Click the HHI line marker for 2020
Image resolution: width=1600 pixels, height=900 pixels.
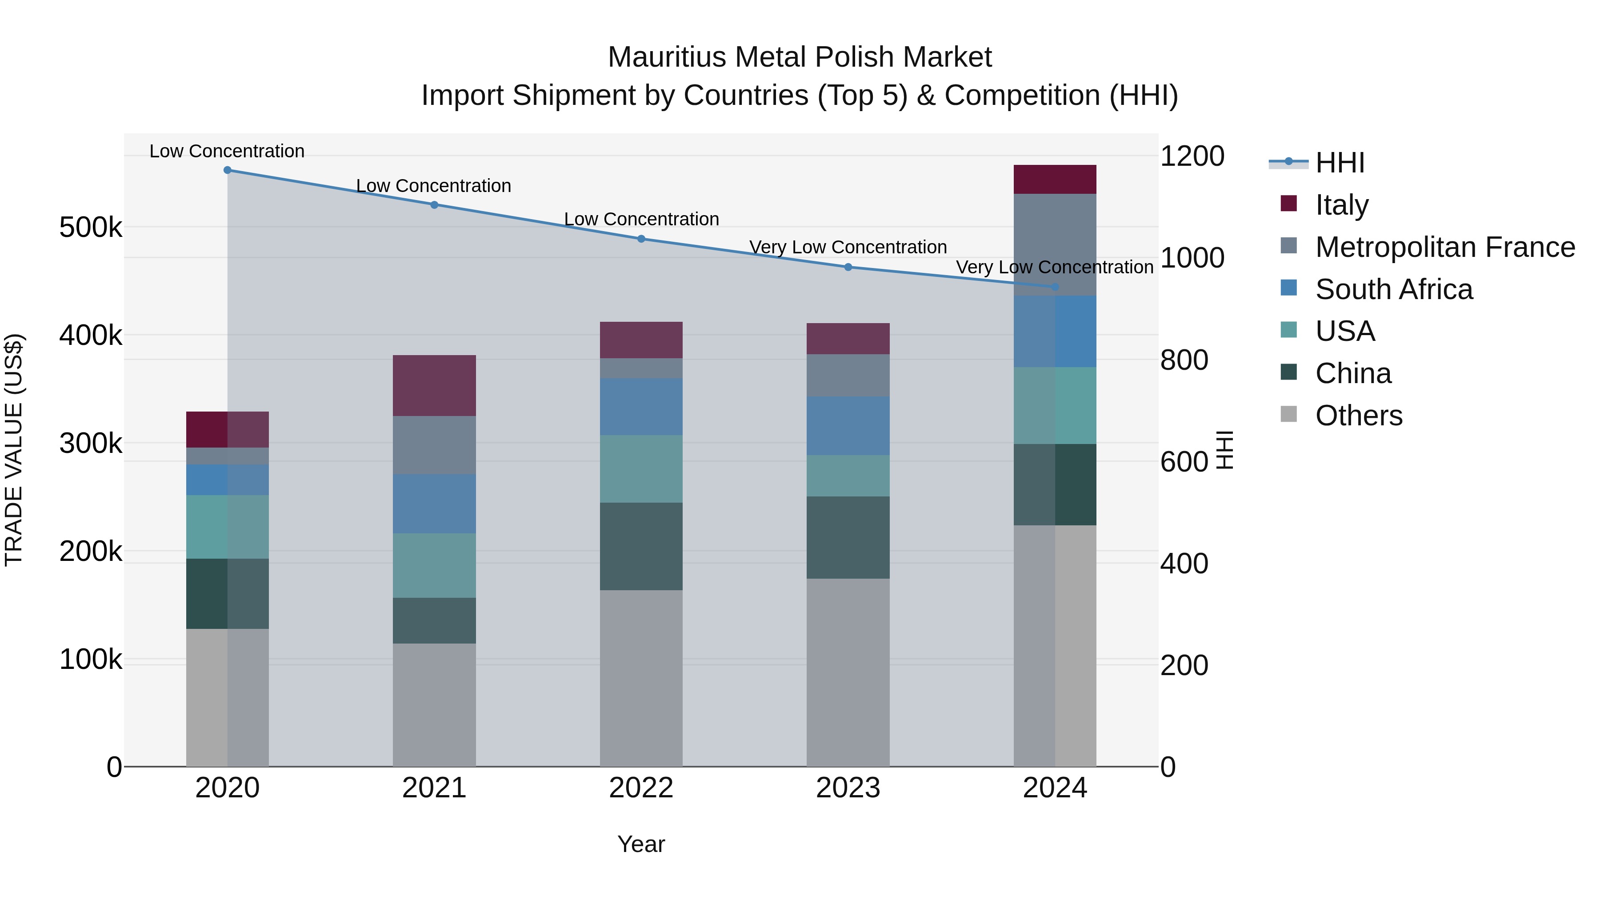(227, 170)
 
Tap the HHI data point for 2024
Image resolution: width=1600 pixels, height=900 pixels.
(1055, 287)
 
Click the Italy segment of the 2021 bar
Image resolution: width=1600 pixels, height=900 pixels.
(434, 386)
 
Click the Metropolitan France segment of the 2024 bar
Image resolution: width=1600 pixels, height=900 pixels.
(1055, 245)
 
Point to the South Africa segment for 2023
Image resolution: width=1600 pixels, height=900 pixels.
(848, 426)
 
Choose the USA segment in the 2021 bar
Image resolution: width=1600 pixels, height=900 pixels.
(434, 566)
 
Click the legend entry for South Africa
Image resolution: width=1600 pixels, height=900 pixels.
(1393, 289)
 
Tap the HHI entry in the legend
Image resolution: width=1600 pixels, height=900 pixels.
(1340, 163)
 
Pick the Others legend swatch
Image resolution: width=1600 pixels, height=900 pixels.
(1289, 414)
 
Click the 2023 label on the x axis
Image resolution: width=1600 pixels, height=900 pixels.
(848, 788)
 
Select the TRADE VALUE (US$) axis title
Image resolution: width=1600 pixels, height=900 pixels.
(14, 450)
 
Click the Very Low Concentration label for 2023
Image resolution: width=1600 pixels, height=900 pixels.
(848, 247)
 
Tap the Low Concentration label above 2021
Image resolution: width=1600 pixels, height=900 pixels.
(433, 186)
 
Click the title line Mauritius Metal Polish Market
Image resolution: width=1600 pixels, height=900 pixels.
(800, 57)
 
